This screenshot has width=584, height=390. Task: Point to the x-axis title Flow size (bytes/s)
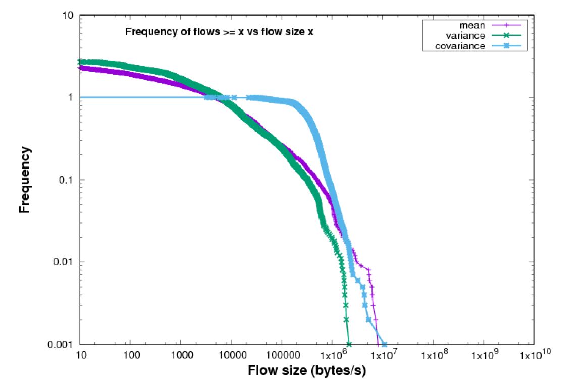(x=306, y=371)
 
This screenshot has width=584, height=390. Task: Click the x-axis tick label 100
(x=130, y=356)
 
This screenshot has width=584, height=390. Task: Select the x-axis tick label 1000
(x=181, y=356)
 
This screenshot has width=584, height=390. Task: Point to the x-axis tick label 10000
(x=231, y=356)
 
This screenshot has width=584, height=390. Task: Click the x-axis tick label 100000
(x=281, y=356)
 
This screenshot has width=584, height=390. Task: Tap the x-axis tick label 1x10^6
(x=332, y=356)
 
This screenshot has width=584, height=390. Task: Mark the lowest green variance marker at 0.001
(x=348, y=344)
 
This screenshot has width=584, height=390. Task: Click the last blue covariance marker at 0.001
(x=384, y=344)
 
